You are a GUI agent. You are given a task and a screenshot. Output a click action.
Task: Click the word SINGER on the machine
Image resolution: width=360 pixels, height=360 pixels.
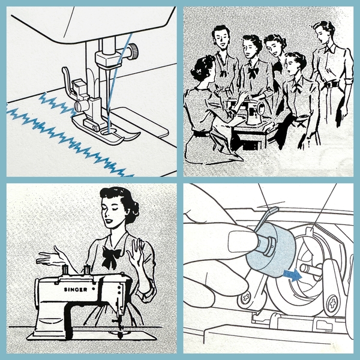76,290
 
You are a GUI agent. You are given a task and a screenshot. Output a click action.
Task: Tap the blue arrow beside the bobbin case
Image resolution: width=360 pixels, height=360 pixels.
293,275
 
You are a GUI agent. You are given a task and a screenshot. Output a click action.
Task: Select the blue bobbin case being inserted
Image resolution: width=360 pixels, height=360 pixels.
271,250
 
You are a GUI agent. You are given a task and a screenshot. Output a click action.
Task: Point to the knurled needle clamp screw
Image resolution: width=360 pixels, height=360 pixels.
133,52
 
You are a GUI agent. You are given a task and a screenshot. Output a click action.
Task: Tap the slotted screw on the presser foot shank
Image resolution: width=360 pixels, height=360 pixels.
79,107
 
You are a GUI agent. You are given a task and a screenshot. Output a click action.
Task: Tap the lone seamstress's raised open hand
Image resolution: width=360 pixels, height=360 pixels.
136,250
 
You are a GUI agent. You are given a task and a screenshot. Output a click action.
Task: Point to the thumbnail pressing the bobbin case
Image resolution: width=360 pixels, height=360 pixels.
243,242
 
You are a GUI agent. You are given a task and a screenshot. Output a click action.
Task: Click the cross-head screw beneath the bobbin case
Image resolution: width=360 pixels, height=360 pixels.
246,298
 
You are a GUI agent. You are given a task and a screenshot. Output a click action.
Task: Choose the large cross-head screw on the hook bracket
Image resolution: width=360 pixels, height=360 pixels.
332,304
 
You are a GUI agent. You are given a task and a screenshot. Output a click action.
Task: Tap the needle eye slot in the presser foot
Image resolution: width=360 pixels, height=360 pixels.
108,132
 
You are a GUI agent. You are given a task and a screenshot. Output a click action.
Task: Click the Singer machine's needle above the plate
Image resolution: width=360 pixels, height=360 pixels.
119,326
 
